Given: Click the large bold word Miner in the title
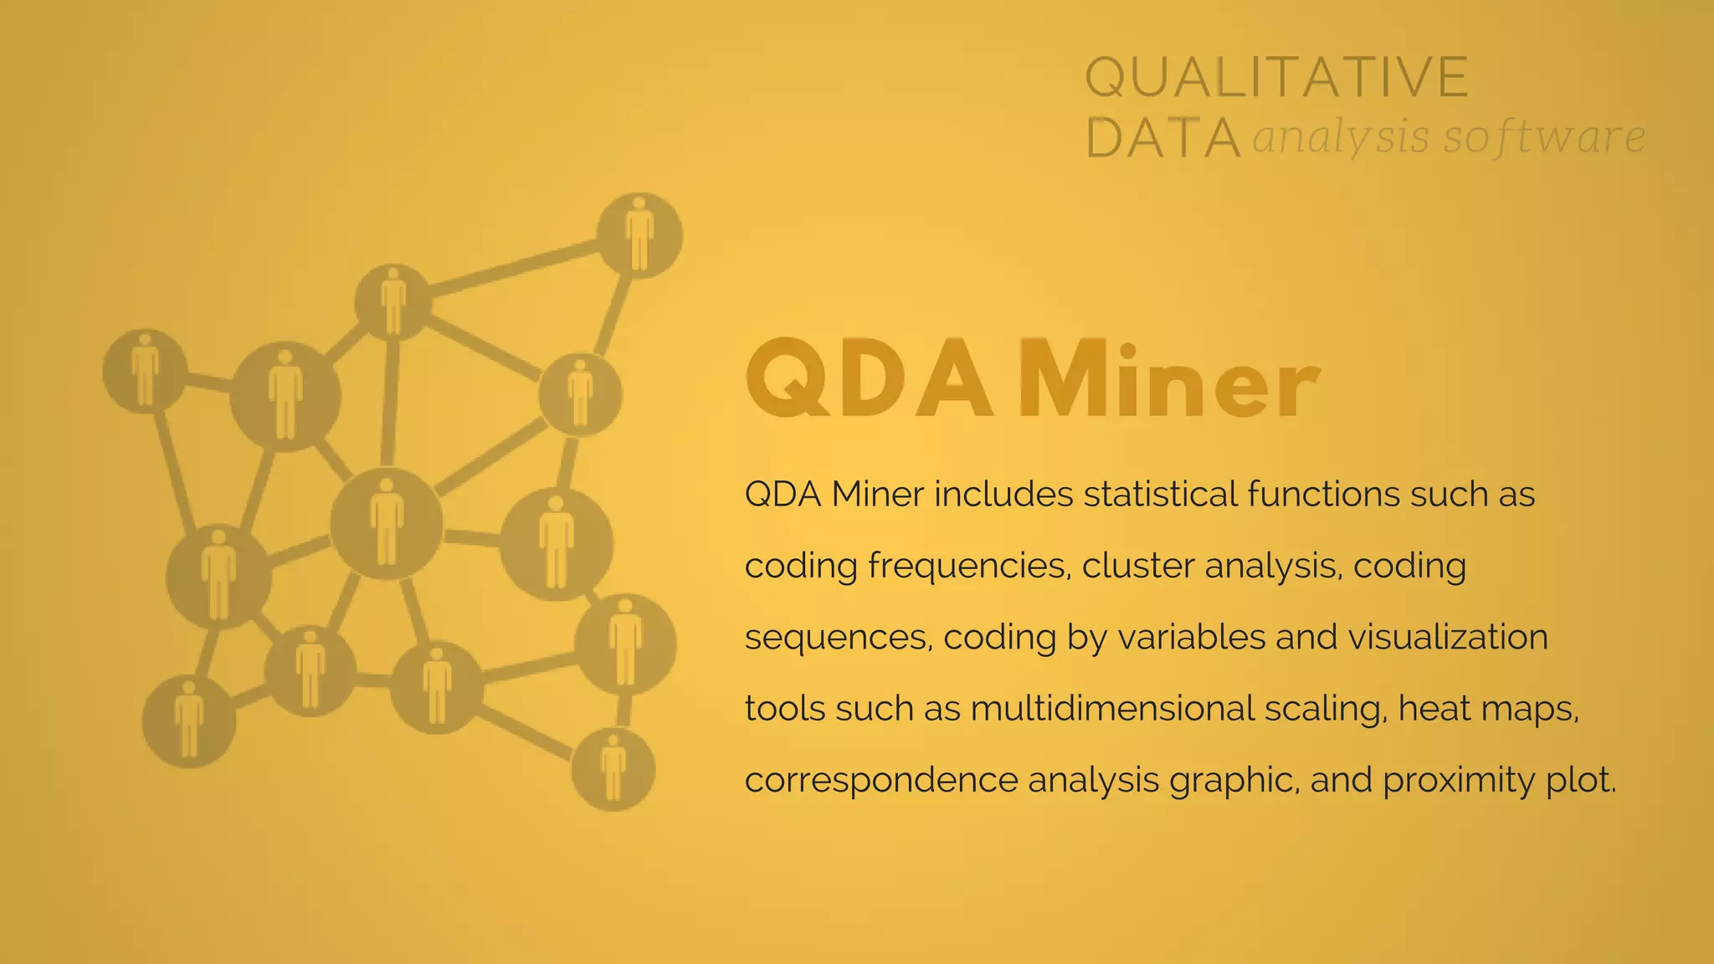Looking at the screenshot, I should [x=1167, y=381].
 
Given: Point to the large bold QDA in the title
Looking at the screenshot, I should [x=868, y=381].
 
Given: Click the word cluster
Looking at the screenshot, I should [x=1137, y=567].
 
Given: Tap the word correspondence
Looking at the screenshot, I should [x=880, y=781].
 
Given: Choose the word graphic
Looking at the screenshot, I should [x=1234, y=781].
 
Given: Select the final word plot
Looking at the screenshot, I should [x=1583, y=781].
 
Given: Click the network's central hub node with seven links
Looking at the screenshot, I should [x=386, y=524].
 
